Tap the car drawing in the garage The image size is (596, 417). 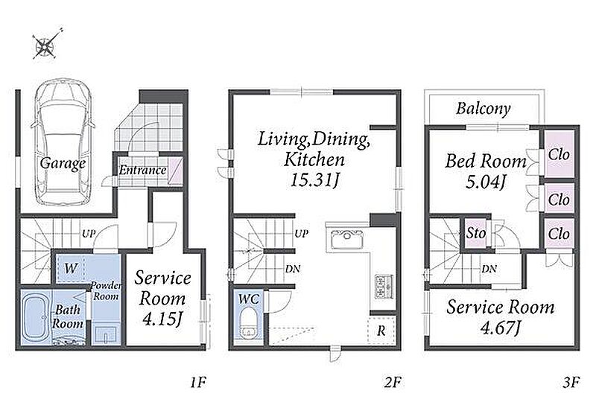tap(63, 142)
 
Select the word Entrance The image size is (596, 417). tap(143, 170)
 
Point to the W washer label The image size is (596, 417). tap(71, 269)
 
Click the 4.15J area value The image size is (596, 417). tap(162, 319)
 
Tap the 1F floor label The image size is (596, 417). tap(197, 382)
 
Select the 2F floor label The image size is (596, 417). tap(393, 382)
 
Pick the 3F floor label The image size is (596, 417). tap(571, 382)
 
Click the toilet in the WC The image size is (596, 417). tap(249, 323)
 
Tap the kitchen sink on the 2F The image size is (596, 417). tap(347, 239)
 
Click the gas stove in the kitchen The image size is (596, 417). tap(381, 286)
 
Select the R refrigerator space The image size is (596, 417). tap(381, 331)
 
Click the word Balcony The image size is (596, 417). tap(483, 109)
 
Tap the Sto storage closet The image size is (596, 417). tap(476, 233)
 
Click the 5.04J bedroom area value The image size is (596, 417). tap(486, 182)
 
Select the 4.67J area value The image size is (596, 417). tap(500, 327)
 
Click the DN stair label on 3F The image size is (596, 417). tap(489, 269)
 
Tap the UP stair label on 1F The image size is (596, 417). tap(89, 234)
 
